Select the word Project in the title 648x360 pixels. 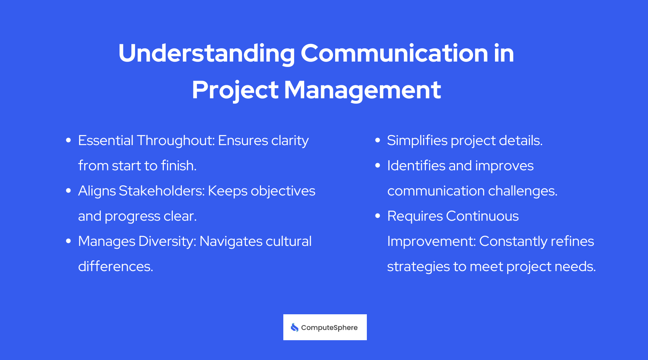click(235, 90)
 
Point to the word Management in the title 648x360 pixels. click(363, 90)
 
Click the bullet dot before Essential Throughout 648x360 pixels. click(68, 140)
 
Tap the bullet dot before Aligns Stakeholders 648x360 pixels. click(68, 191)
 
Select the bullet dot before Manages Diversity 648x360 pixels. click(68, 241)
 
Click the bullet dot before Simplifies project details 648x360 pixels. click(378, 140)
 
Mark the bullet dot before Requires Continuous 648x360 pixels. click(378, 216)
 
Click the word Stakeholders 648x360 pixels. click(162, 191)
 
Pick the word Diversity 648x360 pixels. click(167, 241)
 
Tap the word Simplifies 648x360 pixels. click(417, 140)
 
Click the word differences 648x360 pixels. click(116, 266)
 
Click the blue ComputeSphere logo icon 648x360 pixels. click(294, 327)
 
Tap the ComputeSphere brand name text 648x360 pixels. click(329, 328)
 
